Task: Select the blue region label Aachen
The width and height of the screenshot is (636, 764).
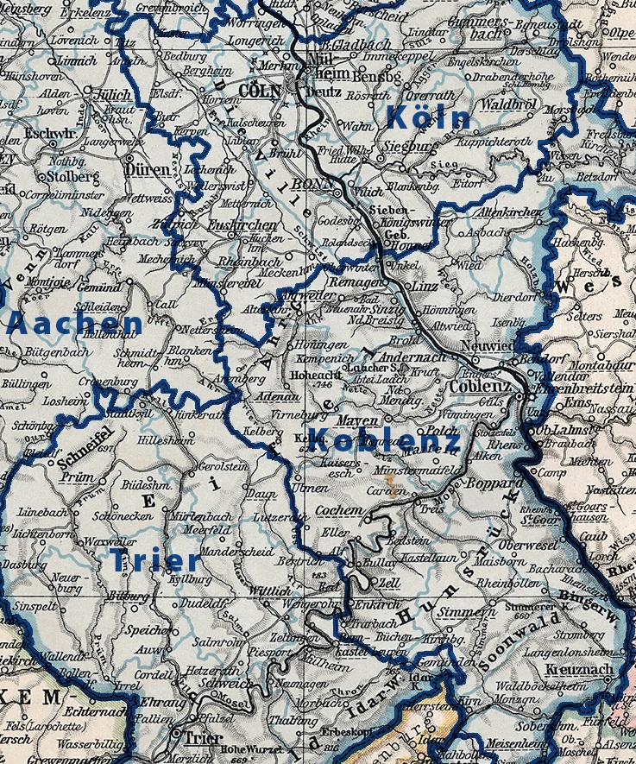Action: click(x=74, y=325)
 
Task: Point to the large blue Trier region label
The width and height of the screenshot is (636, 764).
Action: click(x=155, y=561)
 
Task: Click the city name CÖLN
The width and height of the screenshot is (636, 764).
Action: click(x=260, y=91)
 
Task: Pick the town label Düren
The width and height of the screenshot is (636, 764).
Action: click(x=148, y=171)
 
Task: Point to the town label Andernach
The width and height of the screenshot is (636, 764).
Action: click(x=413, y=357)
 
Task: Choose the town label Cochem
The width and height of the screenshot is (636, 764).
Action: click(x=339, y=511)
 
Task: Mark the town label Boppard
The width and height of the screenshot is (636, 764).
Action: click(x=489, y=485)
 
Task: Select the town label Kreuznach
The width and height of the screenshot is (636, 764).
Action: click(x=580, y=670)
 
